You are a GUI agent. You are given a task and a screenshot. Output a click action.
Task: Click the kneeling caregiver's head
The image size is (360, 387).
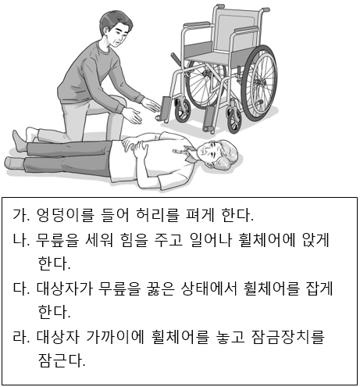point(116,29)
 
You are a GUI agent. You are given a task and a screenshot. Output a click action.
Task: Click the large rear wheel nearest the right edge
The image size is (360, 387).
point(258,83)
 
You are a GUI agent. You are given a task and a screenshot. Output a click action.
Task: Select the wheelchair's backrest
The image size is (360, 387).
point(237,31)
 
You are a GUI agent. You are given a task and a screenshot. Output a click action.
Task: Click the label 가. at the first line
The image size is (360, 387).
point(20,215)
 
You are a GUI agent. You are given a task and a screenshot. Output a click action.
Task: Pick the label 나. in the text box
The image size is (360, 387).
point(20,240)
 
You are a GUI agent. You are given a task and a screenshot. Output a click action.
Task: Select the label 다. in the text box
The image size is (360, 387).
point(20,288)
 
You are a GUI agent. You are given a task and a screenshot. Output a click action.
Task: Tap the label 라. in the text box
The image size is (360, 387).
point(20,337)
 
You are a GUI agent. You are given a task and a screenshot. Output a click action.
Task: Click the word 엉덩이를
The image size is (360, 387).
point(66,215)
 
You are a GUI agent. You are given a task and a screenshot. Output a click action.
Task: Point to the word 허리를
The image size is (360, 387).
point(158,215)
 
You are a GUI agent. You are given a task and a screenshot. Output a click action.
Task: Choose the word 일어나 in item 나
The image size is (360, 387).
point(211,240)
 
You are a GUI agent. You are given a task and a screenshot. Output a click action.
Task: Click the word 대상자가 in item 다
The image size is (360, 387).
point(65,288)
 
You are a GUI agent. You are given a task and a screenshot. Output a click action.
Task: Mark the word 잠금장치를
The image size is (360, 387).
point(288,337)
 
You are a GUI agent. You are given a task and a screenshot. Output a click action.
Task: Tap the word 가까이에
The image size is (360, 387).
point(116,337)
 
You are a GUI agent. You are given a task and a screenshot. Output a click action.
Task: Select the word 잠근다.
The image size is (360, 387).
point(62,360)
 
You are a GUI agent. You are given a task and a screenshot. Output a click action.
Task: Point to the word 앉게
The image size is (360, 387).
point(316,240)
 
